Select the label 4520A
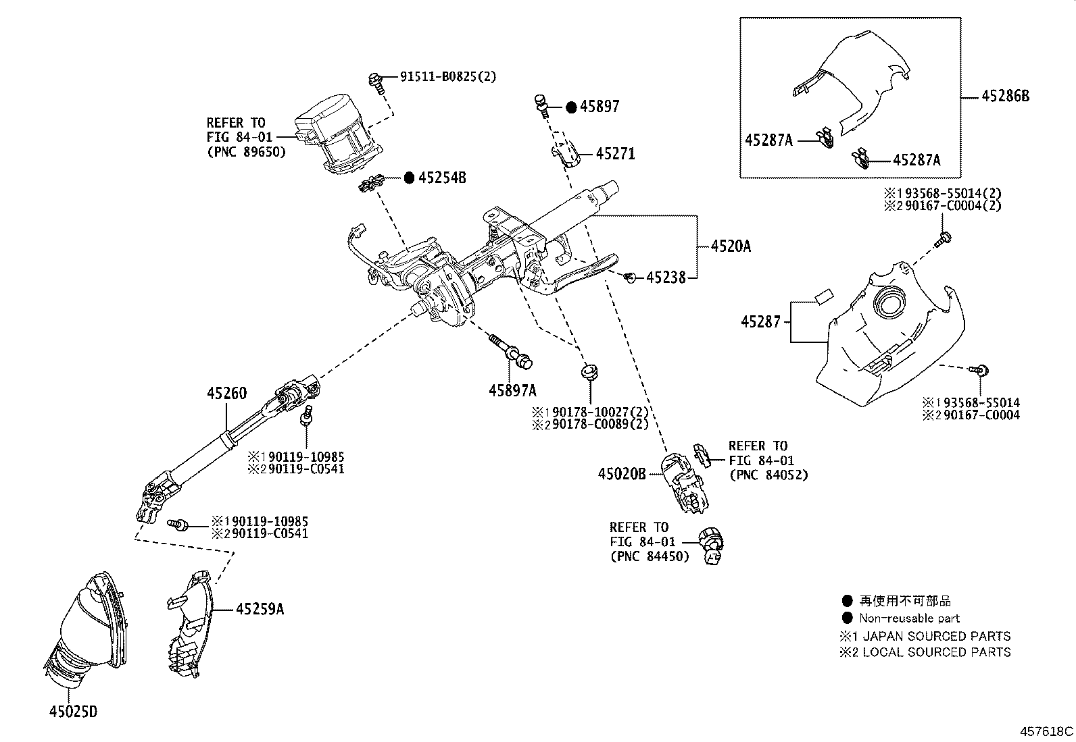click(730, 246)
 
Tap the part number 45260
click(226, 393)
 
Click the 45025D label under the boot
click(73, 712)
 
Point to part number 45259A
click(260, 610)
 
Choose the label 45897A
click(512, 390)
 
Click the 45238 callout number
click(666, 277)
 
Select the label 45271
click(615, 154)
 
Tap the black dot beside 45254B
click(409, 178)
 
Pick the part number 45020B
click(621, 475)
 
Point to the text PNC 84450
click(650, 556)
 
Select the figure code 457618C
click(1046, 731)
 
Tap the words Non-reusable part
click(909, 618)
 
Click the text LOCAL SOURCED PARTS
click(936, 652)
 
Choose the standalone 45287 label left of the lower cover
click(760, 322)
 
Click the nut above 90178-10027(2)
click(589, 371)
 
